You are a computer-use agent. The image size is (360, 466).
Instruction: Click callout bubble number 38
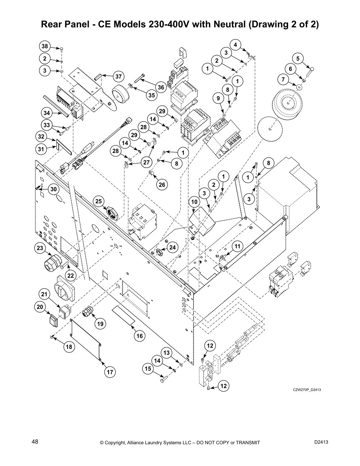click(x=45, y=46)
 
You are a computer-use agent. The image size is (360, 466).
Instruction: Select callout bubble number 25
click(x=99, y=201)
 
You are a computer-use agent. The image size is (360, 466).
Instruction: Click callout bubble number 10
click(x=194, y=202)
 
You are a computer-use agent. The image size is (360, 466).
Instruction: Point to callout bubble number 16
click(x=140, y=336)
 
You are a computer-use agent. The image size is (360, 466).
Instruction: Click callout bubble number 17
click(x=110, y=372)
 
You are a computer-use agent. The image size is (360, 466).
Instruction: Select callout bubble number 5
click(x=298, y=59)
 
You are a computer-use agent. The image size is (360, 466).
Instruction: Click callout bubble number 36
click(x=161, y=87)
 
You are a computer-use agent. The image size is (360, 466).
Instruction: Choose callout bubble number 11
click(x=238, y=246)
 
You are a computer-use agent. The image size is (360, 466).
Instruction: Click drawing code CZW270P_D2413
click(x=306, y=390)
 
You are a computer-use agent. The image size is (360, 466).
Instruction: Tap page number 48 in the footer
click(x=35, y=442)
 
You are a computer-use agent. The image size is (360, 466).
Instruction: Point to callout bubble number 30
click(x=53, y=189)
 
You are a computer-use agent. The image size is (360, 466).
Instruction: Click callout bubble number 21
click(x=44, y=294)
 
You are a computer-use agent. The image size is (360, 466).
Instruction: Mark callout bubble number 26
click(x=162, y=184)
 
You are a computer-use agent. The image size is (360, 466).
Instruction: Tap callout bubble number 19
click(x=100, y=324)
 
